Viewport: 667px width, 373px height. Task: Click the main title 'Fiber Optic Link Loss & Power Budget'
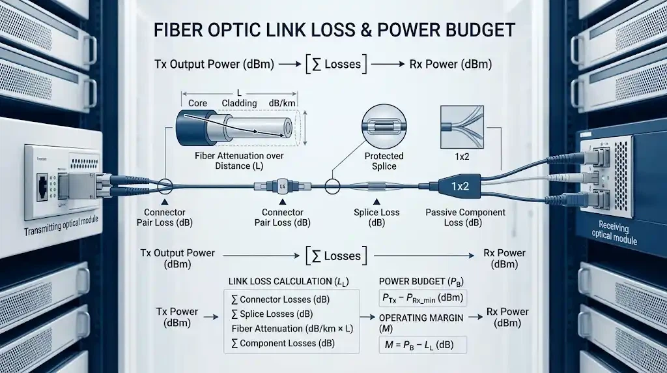[x=333, y=30]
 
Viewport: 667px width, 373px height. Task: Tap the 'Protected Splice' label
[x=384, y=160]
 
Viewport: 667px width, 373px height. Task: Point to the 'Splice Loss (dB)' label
[x=376, y=217]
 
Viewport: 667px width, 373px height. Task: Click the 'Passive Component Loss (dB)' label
[x=465, y=217]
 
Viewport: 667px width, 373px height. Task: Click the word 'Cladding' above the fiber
[x=239, y=103]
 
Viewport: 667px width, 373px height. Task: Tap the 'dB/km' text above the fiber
[x=282, y=103]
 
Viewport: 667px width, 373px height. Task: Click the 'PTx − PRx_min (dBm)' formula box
[x=422, y=298]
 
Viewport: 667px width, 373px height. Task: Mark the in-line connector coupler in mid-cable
[x=283, y=186]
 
